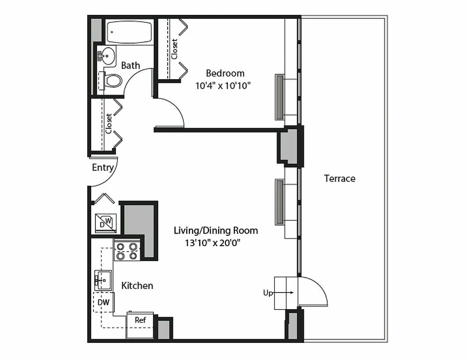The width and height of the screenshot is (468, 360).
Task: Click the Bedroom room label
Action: [x=225, y=73]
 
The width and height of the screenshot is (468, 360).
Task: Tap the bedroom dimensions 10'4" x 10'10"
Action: [x=223, y=85]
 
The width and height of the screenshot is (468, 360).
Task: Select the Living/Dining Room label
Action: [x=216, y=231]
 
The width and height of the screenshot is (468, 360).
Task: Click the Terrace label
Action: [x=339, y=179]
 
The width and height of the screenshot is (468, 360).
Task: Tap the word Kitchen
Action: [x=137, y=286]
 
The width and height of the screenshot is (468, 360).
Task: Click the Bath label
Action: [x=130, y=66]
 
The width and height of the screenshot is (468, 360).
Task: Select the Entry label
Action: [x=103, y=168]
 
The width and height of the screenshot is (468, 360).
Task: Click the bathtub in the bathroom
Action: [x=129, y=32]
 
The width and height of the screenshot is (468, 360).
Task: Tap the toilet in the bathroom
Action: [x=112, y=81]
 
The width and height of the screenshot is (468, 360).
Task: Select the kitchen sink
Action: [x=103, y=280]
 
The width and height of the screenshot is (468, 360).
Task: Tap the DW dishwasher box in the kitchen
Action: [x=104, y=302]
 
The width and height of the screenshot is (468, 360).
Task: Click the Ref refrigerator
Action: [x=140, y=321]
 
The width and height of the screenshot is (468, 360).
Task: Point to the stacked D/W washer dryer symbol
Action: [x=106, y=223]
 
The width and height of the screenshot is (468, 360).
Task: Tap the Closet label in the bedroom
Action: [x=174, y=49]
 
